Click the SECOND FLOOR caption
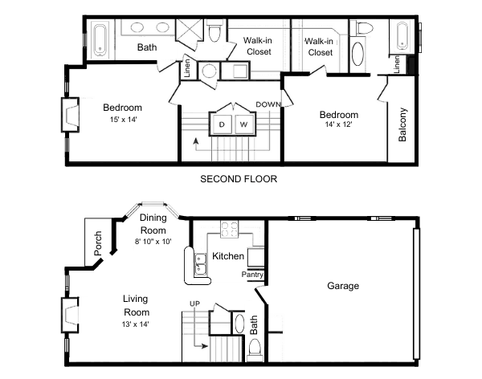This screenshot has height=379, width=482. click(239, 179)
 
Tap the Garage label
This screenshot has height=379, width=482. click(343, 286)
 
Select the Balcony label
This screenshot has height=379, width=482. click(402, 124)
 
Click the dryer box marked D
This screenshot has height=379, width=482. click(221, 125)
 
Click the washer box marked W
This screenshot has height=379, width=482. click(243, 125)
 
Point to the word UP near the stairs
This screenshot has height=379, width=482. click(194, 303)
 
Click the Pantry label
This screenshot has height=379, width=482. click(253, 275)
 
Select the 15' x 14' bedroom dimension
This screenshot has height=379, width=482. click(122, 120)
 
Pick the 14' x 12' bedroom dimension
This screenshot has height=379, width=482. click(337, 125)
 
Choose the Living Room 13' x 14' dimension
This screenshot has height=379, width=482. click(136, 323)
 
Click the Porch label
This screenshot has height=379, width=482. click(98, 244)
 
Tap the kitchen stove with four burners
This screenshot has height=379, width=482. click(230, 227)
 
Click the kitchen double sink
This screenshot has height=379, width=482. click(195, 262)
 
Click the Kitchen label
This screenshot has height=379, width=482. click(228, 256)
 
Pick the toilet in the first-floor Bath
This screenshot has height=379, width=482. click(255, 348)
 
